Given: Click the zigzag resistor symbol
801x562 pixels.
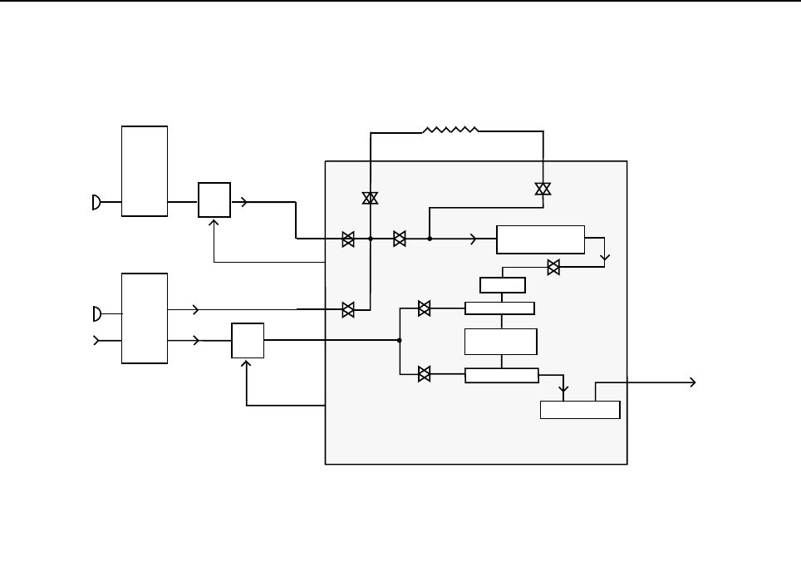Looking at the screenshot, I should pyautogui.click(x=450, y=131).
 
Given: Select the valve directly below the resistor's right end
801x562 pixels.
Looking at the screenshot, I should pyautogui.click(x=543, y=189).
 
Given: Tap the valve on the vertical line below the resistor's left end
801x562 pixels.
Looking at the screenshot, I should pyautogui.click(x=370, y=197).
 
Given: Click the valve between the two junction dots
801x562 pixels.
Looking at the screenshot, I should pyautogui.click(x=400, y=239).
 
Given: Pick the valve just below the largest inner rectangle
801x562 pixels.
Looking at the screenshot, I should pyautogui.click(x=553, y=267).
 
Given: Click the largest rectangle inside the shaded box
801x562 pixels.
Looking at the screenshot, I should pyautogui.click(x=540, y=239).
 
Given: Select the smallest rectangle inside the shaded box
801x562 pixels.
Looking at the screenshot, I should pyautogui.click(x=502, y=285).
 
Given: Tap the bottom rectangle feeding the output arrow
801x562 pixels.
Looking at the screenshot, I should pyautogui.click(x=579, y=410).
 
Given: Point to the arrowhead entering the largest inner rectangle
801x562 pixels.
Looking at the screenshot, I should pyautogui.click(x=474, y=239).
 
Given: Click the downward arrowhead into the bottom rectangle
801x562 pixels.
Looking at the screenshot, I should pyautogui.click(x=564, y=388).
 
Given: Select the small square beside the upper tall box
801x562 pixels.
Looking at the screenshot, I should pyautogui.click(x=214, y=200).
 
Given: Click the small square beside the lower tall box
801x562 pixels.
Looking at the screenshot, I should pyautogui.click(x=248, y=340).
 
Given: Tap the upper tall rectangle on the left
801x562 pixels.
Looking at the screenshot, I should pyautogui.click(x=145, y=171).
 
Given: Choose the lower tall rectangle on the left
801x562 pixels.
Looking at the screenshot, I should pyautogui.click(x=145, y=318).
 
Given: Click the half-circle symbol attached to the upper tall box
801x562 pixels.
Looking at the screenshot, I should pyautogui.click(x=97, y=202).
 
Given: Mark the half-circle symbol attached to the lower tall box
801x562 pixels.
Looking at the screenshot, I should pyautogui.click(x=97, y=313).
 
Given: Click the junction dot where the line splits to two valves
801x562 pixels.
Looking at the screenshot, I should pyautogui.click(x=400, y=340).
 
